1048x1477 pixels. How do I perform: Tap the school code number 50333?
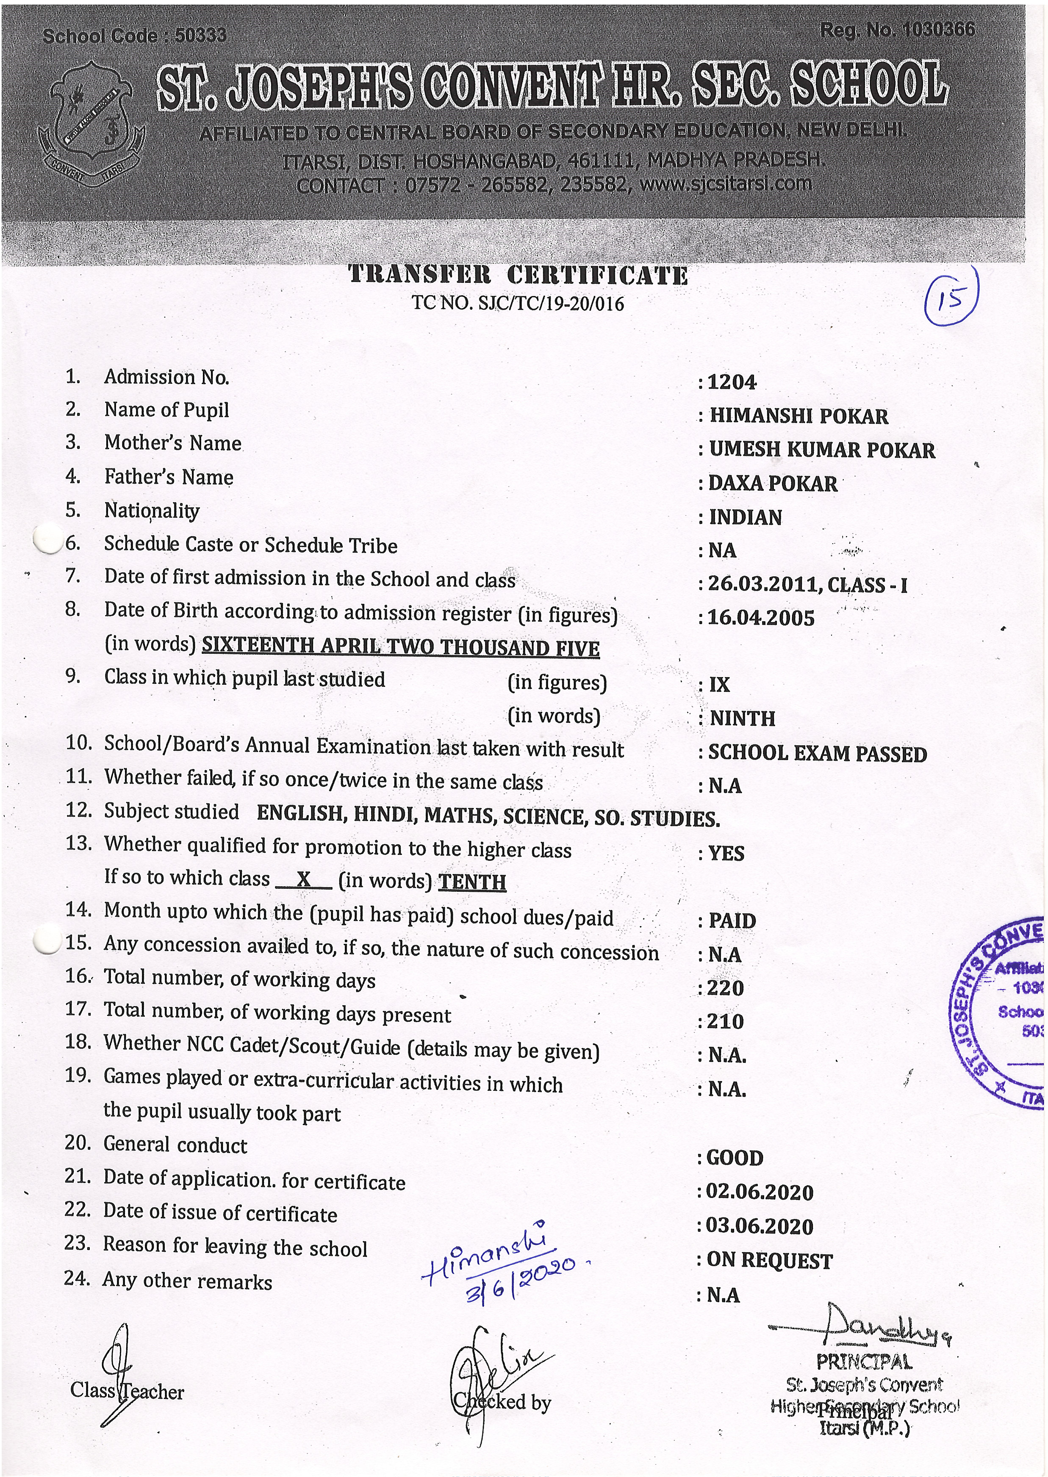(x=201, y=36)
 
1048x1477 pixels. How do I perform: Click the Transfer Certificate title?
(x=518, y=275)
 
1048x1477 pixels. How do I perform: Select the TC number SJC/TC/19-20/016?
(x=550, y=304)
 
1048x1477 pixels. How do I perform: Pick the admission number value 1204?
(x=732, y=382)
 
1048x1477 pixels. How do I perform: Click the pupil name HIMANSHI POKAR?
(x=799, y=416)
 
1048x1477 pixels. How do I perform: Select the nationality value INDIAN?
(x=746, y=517)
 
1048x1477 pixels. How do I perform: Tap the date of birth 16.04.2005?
(x=761, y=618)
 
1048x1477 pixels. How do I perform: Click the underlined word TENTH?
(x=472, y=882)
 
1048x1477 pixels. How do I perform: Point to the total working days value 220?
(x=725, y=987)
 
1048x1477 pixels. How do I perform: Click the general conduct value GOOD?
(x=735, y=1158)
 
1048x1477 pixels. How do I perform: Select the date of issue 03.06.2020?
(x=760, y=1225)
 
